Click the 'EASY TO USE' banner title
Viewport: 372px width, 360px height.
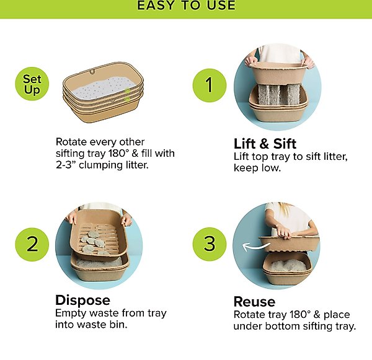186,6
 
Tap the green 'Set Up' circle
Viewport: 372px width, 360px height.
32,85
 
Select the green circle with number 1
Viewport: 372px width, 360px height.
208,85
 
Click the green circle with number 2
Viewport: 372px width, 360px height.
32,243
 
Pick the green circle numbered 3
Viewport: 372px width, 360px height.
208,243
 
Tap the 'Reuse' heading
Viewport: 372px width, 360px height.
254,302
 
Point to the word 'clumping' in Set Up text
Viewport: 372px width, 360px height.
108,165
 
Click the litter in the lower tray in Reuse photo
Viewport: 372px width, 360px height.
286,266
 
